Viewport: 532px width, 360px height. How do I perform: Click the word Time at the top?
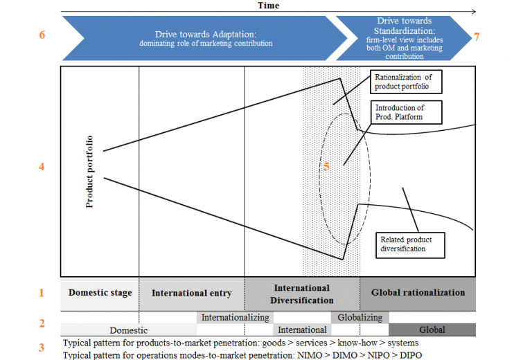[x=268, y=5]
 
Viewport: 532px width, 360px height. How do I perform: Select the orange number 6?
[x=42, y=35]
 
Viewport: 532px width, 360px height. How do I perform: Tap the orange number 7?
[x=477, y=36]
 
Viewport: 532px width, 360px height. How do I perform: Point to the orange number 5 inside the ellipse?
[x=326, y=166]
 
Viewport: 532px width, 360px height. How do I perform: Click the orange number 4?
[x=42, y=166]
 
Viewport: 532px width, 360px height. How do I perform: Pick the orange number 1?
[x=42, y=293]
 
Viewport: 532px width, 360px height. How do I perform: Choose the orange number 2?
[x=42, y=323]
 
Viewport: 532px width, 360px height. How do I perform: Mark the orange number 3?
[x=42, y=348]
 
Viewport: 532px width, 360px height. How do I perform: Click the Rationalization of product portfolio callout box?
[x=406, y=82]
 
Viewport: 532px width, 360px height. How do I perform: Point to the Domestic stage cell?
[x=100, y=293]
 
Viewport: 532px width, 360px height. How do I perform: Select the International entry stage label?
[x=192, y=293]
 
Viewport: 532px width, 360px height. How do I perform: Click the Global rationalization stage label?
[x=418, y=293]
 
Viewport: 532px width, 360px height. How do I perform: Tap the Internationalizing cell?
[x=235, y=318]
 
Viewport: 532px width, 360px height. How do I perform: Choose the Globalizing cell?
[x=360, y=318]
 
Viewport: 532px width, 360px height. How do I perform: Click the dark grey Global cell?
[x=432, y=330]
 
